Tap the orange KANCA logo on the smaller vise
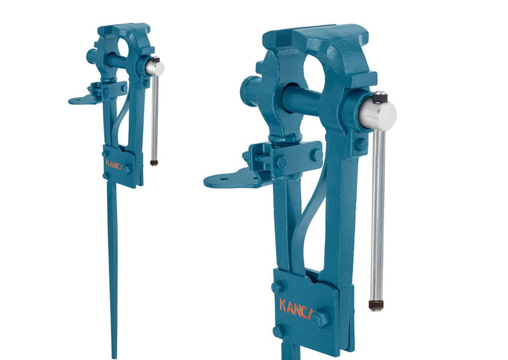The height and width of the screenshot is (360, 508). [114, 163]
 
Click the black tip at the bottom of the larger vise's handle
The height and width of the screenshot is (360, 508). [376, 305]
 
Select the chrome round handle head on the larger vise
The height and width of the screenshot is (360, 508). [378, 115]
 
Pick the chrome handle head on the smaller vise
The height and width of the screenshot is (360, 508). [154, 67]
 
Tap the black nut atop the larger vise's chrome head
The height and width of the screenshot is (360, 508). [380, 97]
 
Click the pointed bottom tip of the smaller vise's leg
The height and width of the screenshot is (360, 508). [114, 356]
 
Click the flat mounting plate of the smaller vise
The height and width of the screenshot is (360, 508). [79, 100]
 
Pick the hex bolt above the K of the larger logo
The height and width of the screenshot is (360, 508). [277, 287]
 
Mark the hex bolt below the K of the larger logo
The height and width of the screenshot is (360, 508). [277, 331]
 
